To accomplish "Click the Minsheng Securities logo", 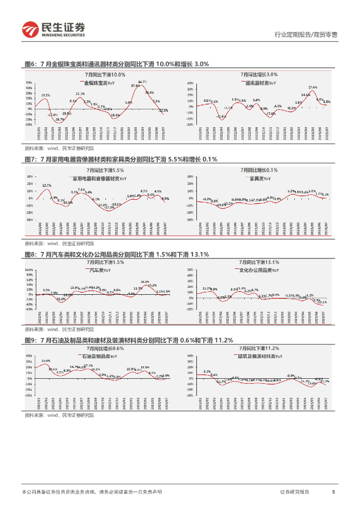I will pos(54,29).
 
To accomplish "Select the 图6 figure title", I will pos(116,64).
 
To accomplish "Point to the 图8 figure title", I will pos(116,254).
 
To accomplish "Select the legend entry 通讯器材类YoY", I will pos(262,83).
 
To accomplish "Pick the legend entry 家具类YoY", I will pos(260,178).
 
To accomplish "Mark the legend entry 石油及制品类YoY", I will pos(99,356).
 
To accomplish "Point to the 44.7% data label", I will pos(142,82).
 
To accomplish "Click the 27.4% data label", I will pos(313,87).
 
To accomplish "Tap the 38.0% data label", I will pos(145,282).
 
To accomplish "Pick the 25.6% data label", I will pos(45,360).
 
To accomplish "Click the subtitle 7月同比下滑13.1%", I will pos(259,262).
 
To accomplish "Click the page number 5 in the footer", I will pos(333,492).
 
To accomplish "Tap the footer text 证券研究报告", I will pos(294,492).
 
